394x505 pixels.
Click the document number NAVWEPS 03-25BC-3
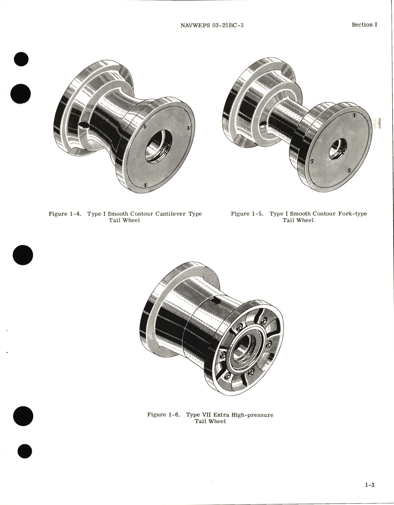click(x=212, y=25)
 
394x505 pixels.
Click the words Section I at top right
click(x=364, y=25)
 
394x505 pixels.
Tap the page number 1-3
click(x=369, y=485)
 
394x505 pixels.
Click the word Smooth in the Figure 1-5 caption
click(x=300, y=214)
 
